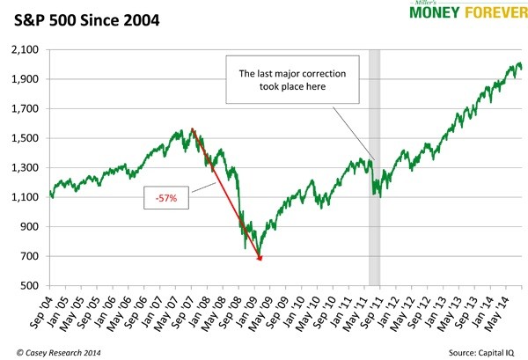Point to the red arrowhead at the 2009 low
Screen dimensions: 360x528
[x=260, y=257]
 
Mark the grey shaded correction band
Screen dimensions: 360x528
[x=374, y=167]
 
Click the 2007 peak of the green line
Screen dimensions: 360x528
[x=191, y=129]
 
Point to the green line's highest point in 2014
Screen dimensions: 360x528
[x=516, y=63]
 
